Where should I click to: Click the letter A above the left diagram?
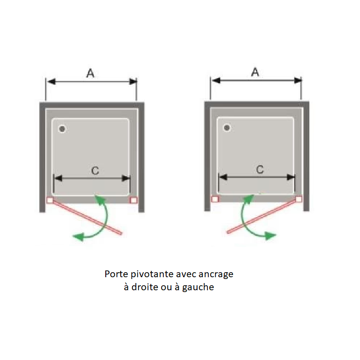(90, 73)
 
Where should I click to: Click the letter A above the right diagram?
(255, 72)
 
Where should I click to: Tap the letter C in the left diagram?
(95, 171)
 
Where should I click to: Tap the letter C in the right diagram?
(260, 170)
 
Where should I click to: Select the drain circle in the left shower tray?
(62, 129)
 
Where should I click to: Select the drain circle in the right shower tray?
(227, 128)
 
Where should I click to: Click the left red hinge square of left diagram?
(50, 200)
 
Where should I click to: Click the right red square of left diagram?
(133, 200)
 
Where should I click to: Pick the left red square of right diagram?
(215, 199)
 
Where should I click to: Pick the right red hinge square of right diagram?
(299, 199)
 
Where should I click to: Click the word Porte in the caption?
(116, 274)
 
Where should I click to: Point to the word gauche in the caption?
(198, 288)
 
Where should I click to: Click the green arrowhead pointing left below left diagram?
(78, 237)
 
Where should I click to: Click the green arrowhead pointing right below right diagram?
(270, 235)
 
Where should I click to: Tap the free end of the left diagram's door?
(121, 234)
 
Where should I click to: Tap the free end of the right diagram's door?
(228, 232)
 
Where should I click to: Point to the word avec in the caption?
(186, 274)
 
